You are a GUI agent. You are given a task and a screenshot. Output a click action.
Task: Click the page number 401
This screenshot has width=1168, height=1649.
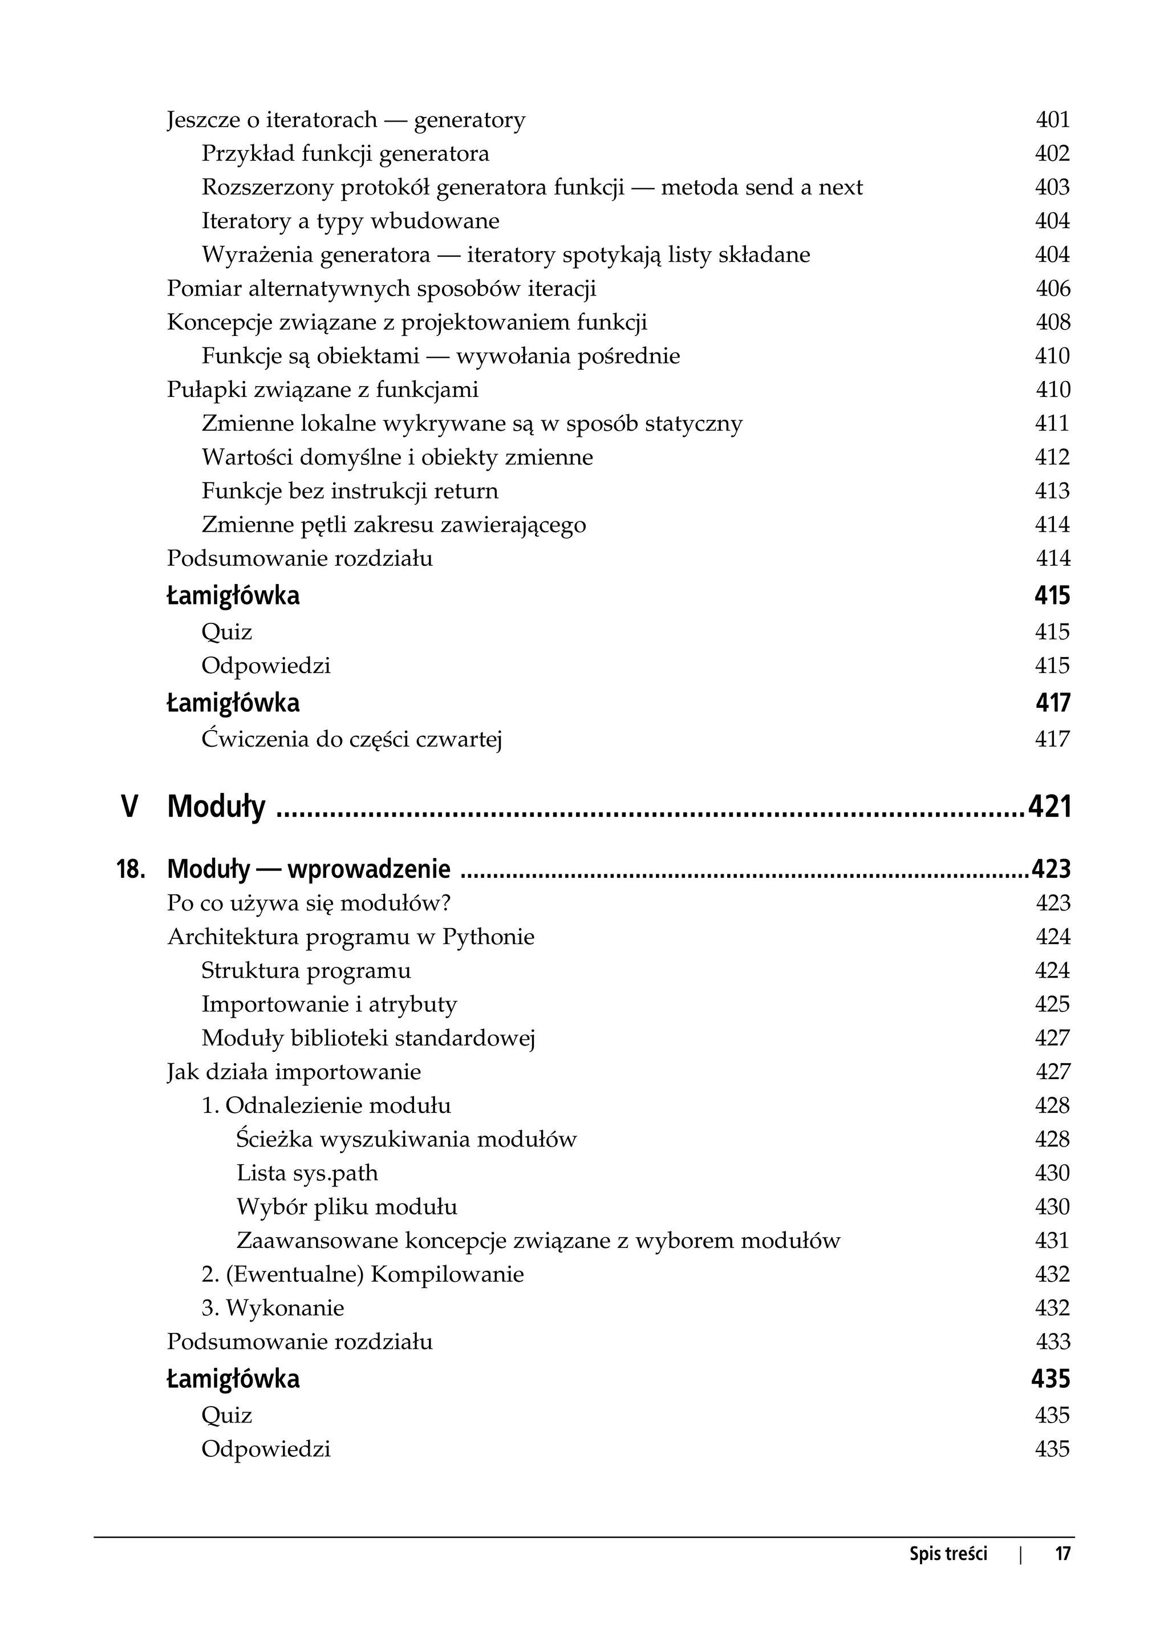coord(1052,119)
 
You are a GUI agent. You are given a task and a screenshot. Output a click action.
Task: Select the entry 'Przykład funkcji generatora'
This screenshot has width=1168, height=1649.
coord(345,153)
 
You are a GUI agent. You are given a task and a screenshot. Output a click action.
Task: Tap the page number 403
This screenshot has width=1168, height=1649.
coord(1052,187)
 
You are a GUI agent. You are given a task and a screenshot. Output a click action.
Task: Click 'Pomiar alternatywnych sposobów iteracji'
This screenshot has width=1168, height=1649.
coord(381,289)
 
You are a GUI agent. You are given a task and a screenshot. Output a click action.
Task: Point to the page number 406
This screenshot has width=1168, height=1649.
coord(1052,289)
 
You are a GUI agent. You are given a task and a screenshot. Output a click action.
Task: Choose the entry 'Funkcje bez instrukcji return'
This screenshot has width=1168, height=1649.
coord(350,491)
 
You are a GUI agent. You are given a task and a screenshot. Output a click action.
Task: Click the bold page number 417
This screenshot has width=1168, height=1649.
coord(1052,703)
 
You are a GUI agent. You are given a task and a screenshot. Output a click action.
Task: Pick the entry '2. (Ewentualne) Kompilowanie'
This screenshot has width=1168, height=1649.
coord(363,1275)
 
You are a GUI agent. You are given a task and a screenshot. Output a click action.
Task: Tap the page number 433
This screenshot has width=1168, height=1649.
coord(1052,1343)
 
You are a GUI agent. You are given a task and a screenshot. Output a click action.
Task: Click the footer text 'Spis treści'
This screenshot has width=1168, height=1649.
coord(948,1554)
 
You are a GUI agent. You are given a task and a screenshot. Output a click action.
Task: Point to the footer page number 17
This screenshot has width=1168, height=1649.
coord(1062,1554)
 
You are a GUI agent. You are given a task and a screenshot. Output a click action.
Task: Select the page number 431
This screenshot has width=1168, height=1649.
coord(1052,1241)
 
